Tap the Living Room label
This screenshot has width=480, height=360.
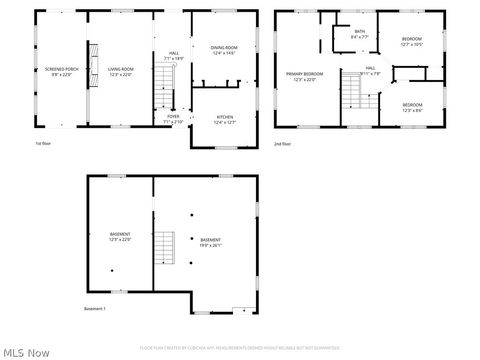(120, 72)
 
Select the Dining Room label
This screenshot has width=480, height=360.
(224, 50)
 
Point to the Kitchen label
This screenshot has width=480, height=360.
(225, 120)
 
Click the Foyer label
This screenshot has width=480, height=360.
(173, 119)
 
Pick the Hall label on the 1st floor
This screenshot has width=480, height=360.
(174, 56)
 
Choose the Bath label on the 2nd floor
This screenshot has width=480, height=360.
(360, 34)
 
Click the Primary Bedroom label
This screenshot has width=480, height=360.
(305, 77)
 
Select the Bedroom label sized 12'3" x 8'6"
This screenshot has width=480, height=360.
(413, 107)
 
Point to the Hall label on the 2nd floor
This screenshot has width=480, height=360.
(369, 71)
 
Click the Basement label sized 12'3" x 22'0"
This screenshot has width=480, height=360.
(120, 237)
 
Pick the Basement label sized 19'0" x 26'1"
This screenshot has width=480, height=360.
(210, 241)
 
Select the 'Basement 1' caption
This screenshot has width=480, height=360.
(95, 308)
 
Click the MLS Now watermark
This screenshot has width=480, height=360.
(27, 352)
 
